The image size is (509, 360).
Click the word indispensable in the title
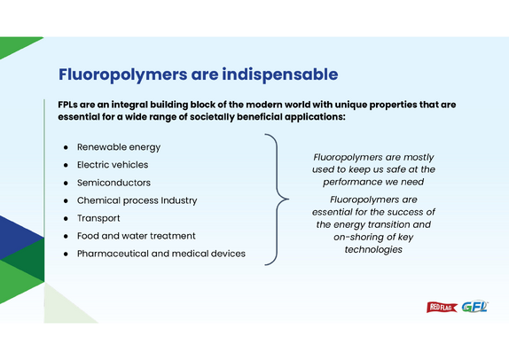(280, 74)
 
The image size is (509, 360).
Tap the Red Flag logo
(442, 307)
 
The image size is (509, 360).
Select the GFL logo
(474, 307)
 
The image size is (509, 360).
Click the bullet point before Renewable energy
(66, 147)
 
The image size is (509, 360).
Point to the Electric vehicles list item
(113, 165)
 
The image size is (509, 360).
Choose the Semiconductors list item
(114, 183)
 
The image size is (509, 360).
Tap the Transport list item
(98, 218)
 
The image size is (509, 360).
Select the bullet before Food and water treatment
(66, 236)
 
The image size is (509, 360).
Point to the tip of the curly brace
(288, 199)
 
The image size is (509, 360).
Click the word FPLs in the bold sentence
(67, 105)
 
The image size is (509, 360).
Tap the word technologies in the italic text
(373, 249)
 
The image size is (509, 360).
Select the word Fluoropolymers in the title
(122, 74)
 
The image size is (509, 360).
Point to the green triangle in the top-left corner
(14, 45)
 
